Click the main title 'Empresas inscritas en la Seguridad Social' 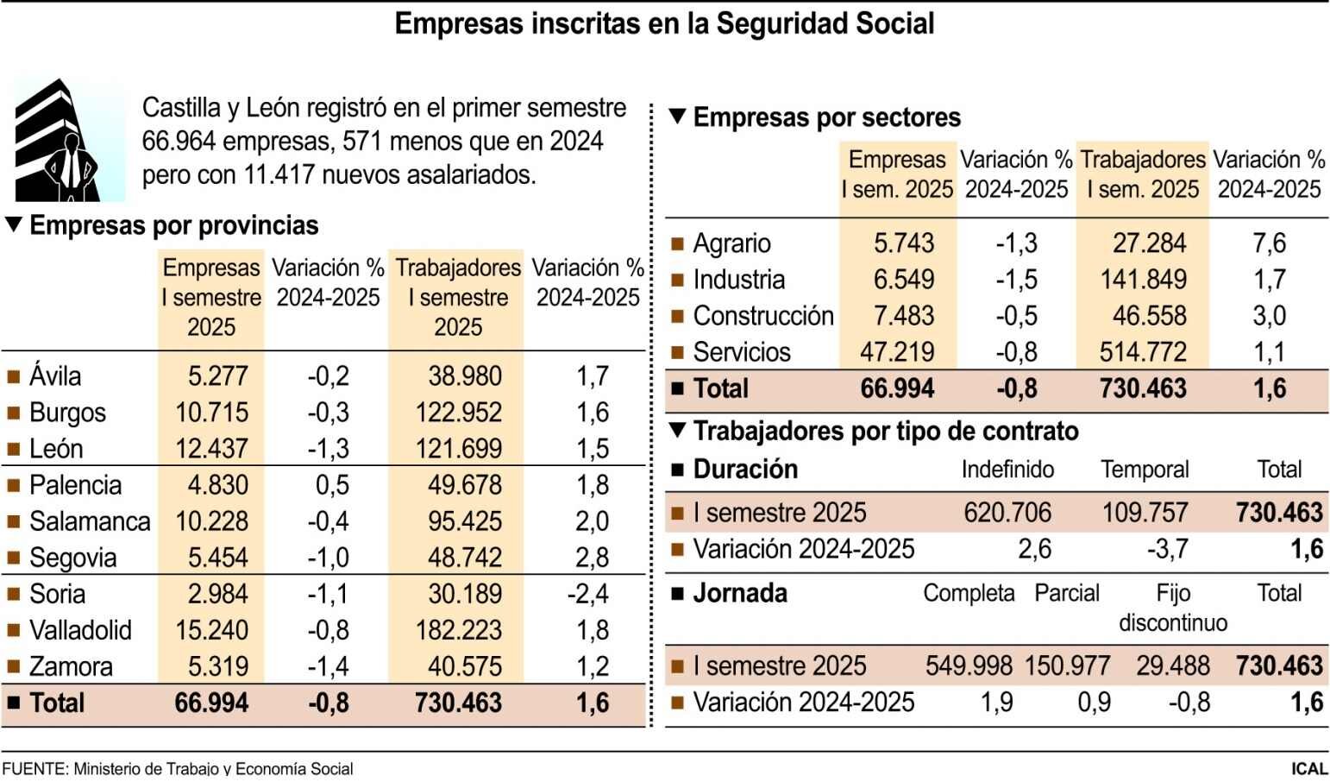point(664,24)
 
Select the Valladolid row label point(80,631)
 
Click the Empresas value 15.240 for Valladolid point(211,631)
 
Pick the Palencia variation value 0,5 point(332,486)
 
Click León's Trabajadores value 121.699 point(458,450)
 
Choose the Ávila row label point(55,377)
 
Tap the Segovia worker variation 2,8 point(592,558)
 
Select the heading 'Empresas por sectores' point(826,117)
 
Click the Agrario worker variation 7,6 point(1269,244)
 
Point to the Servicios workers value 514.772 point(1143,353)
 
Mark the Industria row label point(738,281)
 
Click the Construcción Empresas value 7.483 point(903,317)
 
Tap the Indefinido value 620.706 point(1007,514)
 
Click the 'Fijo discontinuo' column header point(1172,608)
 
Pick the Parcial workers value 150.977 point(1067,666)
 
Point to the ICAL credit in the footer point(1308,768)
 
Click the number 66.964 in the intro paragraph point(179,142)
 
